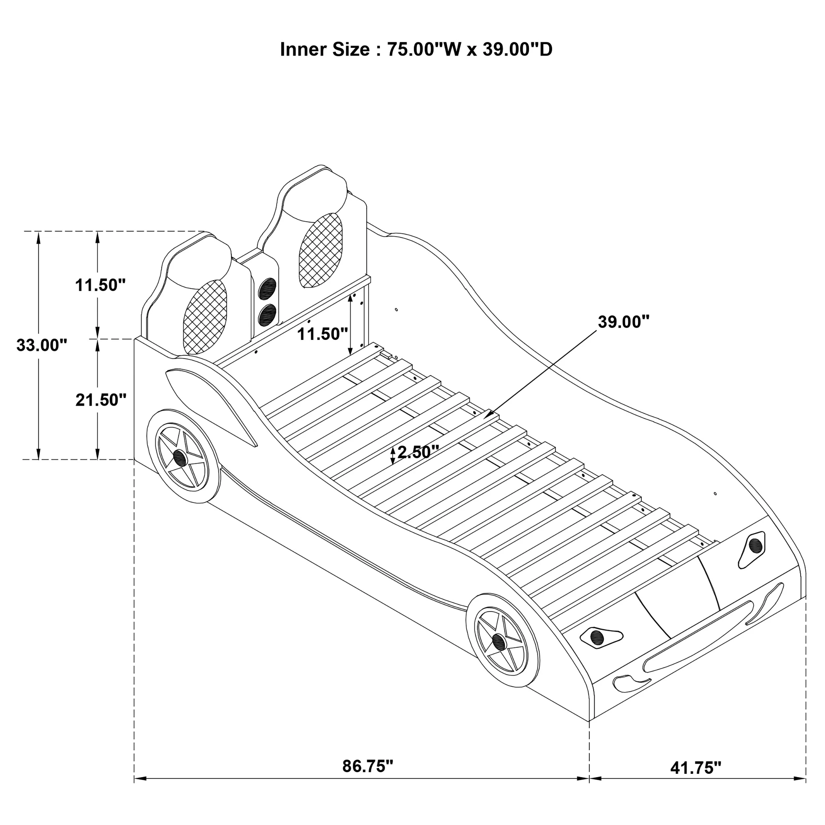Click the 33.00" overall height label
click(x=42, y=345)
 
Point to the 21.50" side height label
click(x=101, y=400)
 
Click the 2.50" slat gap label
click(x=418, y=452)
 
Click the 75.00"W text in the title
click(x=424, y=49)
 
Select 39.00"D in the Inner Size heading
click(x=517, y=49)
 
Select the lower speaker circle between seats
click(x=267, y=315)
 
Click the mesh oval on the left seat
click(x=205, y=317)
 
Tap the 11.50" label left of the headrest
click(x=100, y=285)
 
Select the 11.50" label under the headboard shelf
click(x=322, y=334)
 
